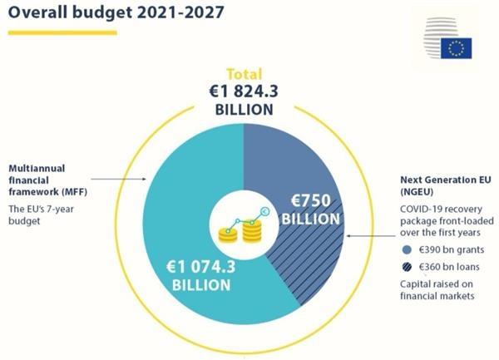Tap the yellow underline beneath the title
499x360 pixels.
pos(62,32)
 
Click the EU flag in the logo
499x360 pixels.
pos(456,48)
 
